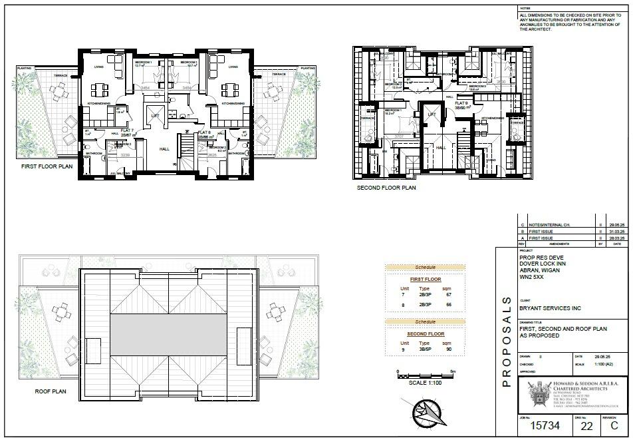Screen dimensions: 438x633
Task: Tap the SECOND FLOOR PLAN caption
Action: pos(386,188)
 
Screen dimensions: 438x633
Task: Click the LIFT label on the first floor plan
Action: pos(155,115)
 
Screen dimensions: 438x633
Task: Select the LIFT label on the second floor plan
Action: pos(432,114)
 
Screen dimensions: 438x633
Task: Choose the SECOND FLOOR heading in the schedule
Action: pos(426,333)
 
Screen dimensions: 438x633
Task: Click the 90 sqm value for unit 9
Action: pos(448,349)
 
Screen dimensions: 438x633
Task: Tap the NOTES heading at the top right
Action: pos(525,9)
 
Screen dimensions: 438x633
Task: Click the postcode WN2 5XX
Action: pos(531,279)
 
